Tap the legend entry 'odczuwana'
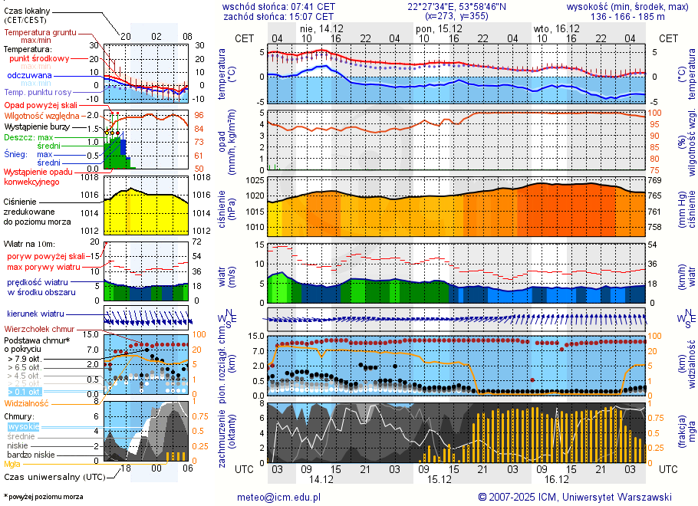(x=29, y=75)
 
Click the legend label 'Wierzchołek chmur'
(x=43, y=329)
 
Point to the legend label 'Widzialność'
(x=26, y=402)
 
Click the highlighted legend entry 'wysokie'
(x=23, y=426)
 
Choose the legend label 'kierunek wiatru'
(x=35, y=314)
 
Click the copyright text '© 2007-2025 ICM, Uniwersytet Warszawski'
(x=575, y=497)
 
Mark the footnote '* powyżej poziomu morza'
(x=43, y=497)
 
